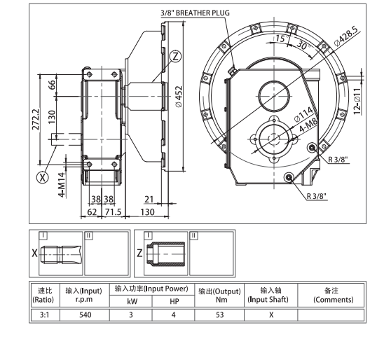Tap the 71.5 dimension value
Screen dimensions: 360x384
[x=113, y=210]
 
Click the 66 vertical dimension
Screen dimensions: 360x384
[x=50, y=85]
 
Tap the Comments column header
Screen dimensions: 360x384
[x=331, y=294]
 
